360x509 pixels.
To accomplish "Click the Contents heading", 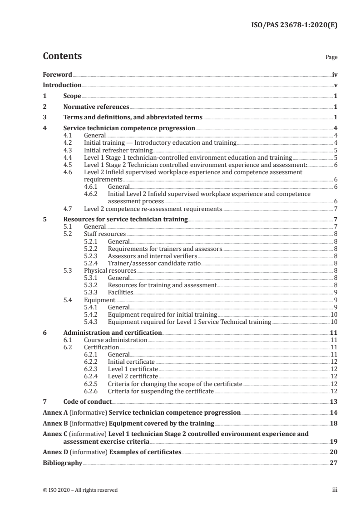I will click(x=62, y=57).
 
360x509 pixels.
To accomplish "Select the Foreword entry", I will click(x=57, y=74).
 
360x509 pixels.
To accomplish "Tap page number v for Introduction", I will click(x=335, y=85).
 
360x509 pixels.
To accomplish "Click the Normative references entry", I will click(x=96, y=107).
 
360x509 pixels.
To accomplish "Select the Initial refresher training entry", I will click(x=118, y=150).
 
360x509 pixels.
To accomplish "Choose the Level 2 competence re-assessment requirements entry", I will click(x=153, y=209).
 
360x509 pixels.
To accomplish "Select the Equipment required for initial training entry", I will click(x=162, y=315).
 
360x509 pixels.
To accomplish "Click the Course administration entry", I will click(x=115, y=340).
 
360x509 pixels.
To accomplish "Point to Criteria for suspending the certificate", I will click(x=160, y=391).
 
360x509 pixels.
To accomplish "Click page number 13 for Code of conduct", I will click(x=333, y=402).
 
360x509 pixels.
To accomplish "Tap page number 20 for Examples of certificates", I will click(x=333, y=452).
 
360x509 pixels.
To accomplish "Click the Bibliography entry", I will click(x=62, y=463).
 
